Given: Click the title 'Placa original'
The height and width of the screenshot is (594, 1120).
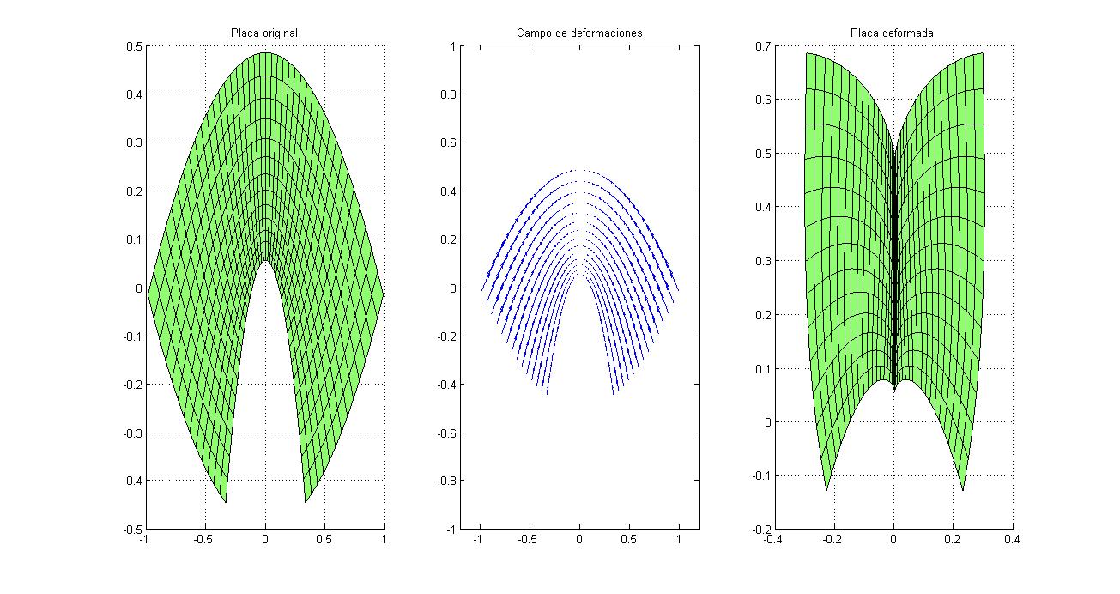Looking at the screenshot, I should (x=264, y=33).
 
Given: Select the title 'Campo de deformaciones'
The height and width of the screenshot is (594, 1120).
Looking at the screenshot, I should (x=579, y=33).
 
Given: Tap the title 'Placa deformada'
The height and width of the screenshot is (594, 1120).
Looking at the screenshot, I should (x=893, y=33).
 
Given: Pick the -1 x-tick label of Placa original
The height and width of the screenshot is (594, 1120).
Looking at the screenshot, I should (x=145, y=540).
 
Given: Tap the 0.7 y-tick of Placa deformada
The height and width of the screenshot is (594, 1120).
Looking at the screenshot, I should (x=760, y=46).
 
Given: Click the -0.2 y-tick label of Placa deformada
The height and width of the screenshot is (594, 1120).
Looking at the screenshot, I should (x=758, y=530).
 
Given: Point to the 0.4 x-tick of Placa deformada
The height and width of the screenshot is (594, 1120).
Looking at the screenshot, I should (x=1013, y=540).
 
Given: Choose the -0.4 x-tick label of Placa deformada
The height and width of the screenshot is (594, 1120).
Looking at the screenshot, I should (x=772, y=540).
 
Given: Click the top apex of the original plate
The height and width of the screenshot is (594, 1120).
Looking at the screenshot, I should (x=265, y=53).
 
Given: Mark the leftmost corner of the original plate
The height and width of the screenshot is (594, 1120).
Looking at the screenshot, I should (x=148, y=293).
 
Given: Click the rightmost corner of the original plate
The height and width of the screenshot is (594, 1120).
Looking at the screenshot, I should (x=383, y=293).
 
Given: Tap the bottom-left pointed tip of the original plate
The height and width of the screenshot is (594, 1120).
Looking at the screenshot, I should (x=226, y=503).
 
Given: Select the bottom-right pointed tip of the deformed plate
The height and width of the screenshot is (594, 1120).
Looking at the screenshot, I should (x=963, y=490).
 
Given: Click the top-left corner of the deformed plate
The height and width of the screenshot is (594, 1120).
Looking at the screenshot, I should (x=806, y=53).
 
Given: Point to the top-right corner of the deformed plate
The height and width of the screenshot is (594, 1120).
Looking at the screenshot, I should (x=983, y=53).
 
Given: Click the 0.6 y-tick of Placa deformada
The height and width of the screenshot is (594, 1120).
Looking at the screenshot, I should (x=760, y=100).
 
